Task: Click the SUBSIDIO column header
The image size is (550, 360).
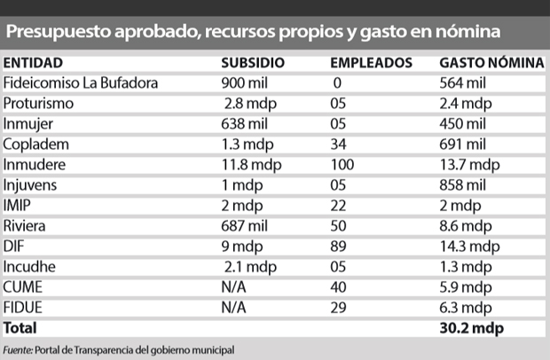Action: click(x=253, y=63)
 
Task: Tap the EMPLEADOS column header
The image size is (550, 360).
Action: click(x=371, y=63)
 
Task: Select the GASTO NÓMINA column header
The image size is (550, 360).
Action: click(x=491, y=63)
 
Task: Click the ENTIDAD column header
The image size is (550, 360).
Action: click(x=33, y=63)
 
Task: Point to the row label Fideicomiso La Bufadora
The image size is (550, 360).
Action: click(x=81, y=83)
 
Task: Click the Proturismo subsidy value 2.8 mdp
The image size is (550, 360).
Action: click(x=250, y=104)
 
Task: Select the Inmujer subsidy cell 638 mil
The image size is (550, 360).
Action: click(x=244, y=124)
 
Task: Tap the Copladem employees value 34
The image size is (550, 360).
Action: click(x=338, y=145)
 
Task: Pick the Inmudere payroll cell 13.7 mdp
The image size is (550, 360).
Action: click(x=469, y=165)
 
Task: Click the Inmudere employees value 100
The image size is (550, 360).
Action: click(x=342, y=165)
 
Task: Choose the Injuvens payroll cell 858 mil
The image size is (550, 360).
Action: click(x=463, y=185)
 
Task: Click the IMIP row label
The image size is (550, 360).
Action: click(x=17, y=206)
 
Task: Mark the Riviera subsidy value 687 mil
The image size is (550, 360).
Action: click(x=244, y=226)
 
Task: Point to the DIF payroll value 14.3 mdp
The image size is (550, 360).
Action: click(x=469, y=247)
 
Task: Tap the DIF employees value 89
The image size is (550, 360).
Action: click(x=338, y=247)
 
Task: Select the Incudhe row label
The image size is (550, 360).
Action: click(x=29, y=267)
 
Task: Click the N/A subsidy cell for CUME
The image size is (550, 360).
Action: click(x=233, y=287)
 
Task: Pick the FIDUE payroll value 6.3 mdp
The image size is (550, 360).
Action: click(x=466, y=308)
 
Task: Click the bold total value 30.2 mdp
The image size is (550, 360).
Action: click(x=471, y=328)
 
